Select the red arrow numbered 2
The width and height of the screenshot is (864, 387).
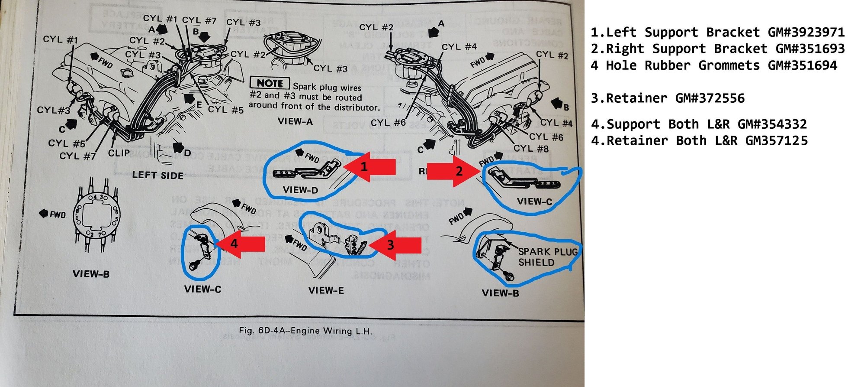pos(452,172)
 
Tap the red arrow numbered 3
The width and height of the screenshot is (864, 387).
pos(396,245)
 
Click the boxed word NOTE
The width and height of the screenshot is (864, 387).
pos(270,83)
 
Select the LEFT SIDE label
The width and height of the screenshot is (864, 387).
pos(157,175)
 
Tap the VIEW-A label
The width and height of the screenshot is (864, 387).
pos(295,121)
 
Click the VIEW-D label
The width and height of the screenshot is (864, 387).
pos(300,190)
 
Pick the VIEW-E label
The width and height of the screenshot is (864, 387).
pos(326,290)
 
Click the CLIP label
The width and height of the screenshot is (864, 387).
pos(119,153)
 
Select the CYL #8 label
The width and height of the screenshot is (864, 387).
pos(531,149)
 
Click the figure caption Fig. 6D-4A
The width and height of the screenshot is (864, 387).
pos(305,331)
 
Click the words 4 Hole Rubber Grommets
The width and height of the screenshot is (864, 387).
pos(675,65)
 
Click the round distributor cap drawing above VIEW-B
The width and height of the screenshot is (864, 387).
pos(96,215)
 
